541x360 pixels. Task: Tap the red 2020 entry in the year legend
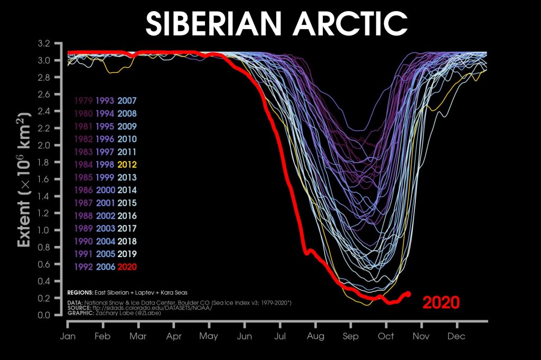pos(127,267)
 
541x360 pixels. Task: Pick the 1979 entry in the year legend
pos(83,100)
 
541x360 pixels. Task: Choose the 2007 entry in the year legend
pos(127,100)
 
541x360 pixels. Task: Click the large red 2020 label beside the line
pos(441,302)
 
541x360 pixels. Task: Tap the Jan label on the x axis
pos(68,336)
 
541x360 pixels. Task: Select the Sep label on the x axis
pos(350,336)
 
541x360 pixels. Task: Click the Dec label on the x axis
pos(456,336)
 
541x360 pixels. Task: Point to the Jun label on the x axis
pos(245,336)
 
